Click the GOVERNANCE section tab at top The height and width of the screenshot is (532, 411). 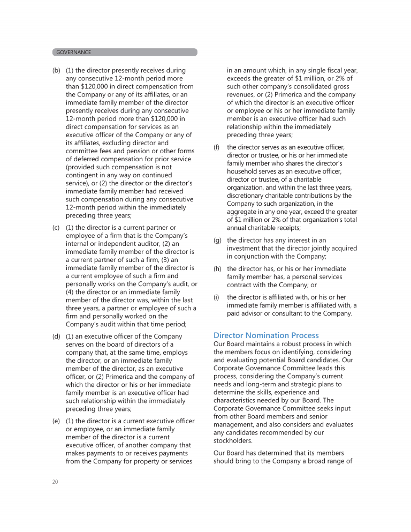[74, 53]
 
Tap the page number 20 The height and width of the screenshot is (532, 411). [56, 482]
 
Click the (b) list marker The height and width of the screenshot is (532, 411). [56, 70]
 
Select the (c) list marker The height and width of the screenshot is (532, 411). [56, 228]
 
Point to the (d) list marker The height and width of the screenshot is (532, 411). [56, 336]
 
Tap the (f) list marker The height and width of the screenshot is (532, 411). [217, 147]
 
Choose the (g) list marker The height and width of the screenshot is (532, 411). [217, 241]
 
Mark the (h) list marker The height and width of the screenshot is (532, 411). [217, 268]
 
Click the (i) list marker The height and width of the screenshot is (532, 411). [216, 297]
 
